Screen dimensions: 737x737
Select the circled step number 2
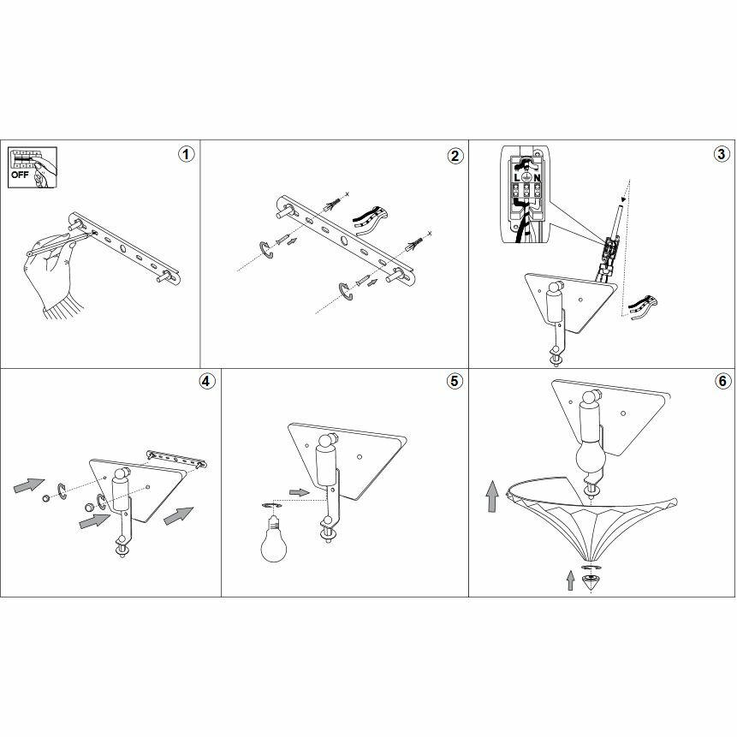455,155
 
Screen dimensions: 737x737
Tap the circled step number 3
721,155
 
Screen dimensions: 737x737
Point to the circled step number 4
205,382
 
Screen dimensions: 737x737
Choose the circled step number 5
455,382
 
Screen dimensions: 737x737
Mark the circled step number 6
721,382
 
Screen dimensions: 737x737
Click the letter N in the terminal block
537,178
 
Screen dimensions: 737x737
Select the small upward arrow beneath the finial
571,582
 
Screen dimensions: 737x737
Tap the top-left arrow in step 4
28,485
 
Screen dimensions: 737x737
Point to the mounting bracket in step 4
175,458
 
